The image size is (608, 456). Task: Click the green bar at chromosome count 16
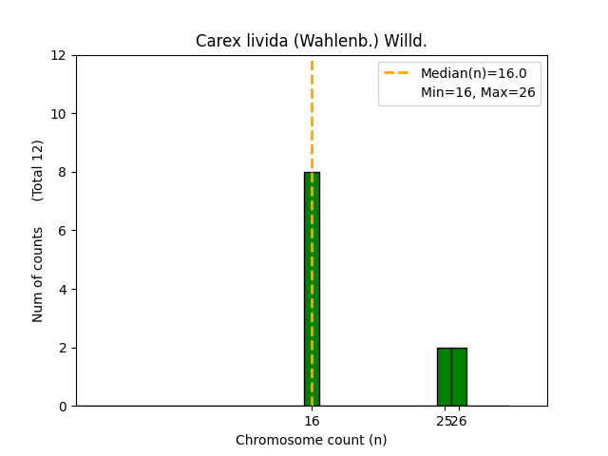[312, 289]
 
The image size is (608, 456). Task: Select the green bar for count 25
[444, 376]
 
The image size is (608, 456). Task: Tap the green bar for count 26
[459, 376]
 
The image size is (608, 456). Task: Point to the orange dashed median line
[312, 114]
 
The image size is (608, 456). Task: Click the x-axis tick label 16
[312, 421]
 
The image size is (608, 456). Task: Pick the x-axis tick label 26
[461, 421]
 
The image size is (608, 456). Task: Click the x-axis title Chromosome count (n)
[312, 440]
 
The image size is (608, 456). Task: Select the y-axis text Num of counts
[38, 274]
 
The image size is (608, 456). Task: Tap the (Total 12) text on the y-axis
[38, 170]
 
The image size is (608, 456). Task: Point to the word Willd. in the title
[406, 41]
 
